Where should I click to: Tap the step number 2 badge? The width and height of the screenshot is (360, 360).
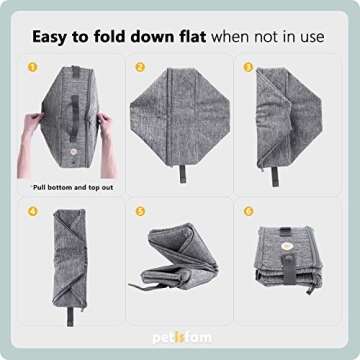pos(141,67)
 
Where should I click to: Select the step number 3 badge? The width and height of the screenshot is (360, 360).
pos(248,67)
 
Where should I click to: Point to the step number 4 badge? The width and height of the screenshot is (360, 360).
pos(33,212)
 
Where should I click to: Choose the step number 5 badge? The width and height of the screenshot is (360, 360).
pos(141,212)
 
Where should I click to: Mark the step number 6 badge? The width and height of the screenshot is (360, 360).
pos(248,212)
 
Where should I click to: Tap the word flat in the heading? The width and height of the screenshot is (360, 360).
pos(188,37)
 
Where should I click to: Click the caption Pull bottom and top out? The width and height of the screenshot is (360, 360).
pos(66,187)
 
